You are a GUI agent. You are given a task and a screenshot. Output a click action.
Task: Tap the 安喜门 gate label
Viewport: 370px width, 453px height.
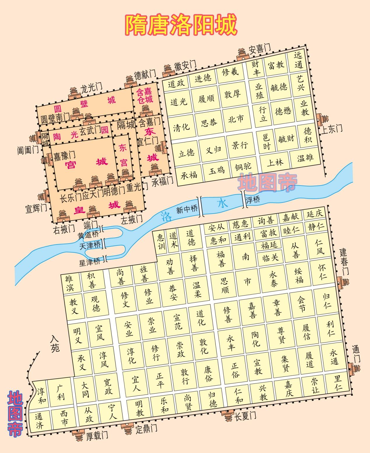click(259, 49)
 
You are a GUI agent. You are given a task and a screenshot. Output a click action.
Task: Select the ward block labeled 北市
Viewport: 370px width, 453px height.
click(236, 119)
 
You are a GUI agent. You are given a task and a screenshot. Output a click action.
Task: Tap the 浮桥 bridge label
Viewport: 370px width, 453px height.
click(253, 200)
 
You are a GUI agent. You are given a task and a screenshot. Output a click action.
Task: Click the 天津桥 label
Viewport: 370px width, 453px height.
click(90, 245)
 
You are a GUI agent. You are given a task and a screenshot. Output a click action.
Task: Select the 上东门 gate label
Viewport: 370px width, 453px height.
click(331, 128)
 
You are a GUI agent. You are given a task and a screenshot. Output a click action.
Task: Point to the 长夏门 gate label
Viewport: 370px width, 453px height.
click(246, 415)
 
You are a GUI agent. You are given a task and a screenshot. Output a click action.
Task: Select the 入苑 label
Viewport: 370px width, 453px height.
click(55, 343)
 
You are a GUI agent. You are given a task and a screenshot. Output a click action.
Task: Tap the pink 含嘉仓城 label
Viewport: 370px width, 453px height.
click(145, 96)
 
